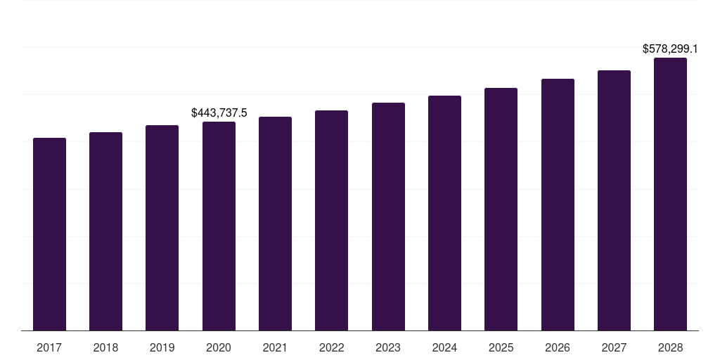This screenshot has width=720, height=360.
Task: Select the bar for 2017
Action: (x=50, y=234)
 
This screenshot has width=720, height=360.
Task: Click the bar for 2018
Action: (x=105, y=231)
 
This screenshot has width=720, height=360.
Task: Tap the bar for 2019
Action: (x=162, y=228)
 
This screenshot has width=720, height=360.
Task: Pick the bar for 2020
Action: (x=219, y=226)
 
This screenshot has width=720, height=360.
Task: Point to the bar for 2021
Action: (x=275, y=224)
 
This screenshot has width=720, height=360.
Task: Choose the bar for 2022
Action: (x=332, y=220)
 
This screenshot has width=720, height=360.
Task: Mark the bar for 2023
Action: (x=388, y=217)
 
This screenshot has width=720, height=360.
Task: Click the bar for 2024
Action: (x=444, y=213)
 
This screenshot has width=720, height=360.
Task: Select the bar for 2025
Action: (x=501, y=210)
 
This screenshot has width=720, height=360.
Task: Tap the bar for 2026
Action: (x=558, y=205)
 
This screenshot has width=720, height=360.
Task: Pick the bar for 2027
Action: (x=614, y=200)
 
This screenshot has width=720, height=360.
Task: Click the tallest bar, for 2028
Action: (x=670, y=194)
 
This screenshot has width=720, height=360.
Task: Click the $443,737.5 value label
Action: (x=219, y=113)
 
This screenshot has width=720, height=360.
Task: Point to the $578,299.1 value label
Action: (x=670, y=49)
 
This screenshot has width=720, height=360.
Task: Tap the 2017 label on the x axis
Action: (x=49, y=347)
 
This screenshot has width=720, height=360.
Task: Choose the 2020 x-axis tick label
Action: (x=219, y=347)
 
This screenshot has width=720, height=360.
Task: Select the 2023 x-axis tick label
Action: (x=388, y=347)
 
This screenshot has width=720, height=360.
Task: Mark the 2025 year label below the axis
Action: (x=501, y=347)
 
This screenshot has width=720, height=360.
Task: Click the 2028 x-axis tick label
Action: (x=670, y=347)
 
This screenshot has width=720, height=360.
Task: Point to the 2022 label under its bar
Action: (x=332, y=347)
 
